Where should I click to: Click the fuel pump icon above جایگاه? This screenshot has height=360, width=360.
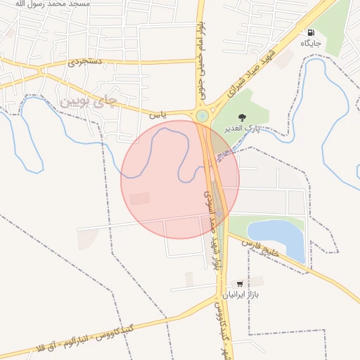pos(310,32)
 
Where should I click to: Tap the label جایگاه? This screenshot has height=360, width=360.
pos(311,44)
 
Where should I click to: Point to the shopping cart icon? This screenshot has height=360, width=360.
pos(240,283)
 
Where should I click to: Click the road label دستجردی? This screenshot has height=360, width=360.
pos(86,62)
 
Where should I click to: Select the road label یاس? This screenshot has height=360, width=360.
pos(157,112)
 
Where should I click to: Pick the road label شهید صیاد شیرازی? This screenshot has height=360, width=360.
pos(254,65)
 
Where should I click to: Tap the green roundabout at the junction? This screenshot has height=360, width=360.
pos(202,115)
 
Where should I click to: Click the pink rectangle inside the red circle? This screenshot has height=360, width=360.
pos(140,199)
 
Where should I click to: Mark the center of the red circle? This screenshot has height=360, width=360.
pos(180,179)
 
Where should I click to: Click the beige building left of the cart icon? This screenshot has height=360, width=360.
pos(189,279)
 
